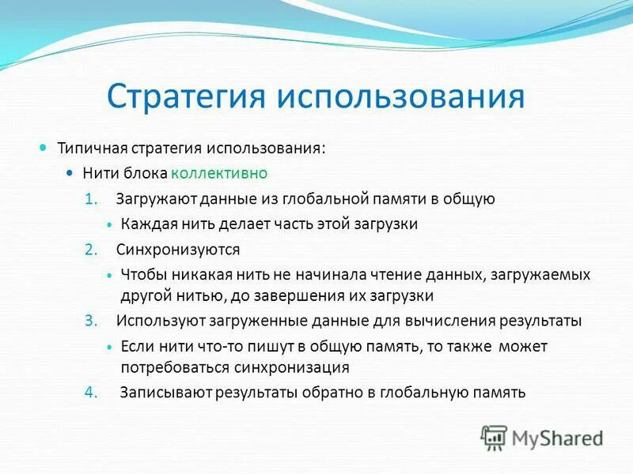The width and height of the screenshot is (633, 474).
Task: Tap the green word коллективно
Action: point(230,173)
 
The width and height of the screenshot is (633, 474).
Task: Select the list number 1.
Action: point(90,199)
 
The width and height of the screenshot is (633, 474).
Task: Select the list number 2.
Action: point(90,250)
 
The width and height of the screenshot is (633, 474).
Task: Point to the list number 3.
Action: point(90,321)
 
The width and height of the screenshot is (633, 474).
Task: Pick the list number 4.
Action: point(90,393)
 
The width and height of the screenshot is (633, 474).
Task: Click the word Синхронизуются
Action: point(178,250)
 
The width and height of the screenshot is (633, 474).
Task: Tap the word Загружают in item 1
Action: point(151,199)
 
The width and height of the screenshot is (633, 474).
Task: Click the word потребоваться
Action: point(174,367)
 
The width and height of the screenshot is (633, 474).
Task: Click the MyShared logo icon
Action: point(494,437)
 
